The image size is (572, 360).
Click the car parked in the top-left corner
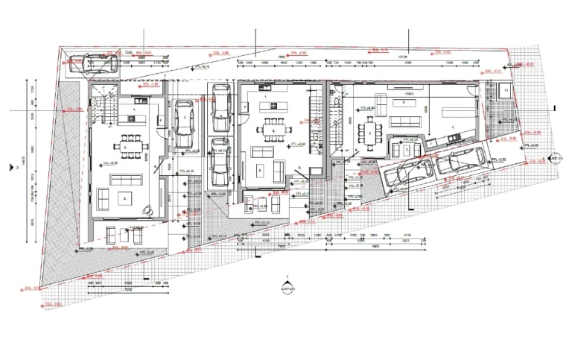tap(92, 64)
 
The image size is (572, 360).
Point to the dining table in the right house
tap(369, 133)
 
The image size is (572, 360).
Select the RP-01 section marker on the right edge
tap(554, 158)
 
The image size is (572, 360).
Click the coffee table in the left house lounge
tap(124, 197)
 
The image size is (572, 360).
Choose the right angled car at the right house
tap(462, 159)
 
